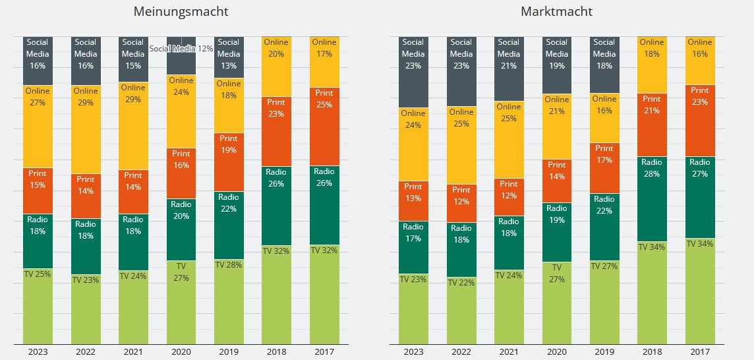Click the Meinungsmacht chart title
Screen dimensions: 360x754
181,11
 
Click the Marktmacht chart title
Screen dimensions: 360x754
556,11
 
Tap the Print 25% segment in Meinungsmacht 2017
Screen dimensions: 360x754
324,126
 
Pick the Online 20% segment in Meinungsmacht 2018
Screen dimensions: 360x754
276,66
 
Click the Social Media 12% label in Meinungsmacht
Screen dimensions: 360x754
181,49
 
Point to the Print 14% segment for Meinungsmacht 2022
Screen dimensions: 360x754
86,196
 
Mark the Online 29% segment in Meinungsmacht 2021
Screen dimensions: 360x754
133,126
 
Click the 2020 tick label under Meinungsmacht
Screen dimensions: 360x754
181,352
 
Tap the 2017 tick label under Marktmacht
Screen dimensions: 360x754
700,352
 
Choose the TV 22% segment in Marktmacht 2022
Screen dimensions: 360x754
461,310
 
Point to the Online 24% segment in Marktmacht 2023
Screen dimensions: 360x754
413,144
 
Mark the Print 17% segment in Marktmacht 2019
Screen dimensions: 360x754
604,167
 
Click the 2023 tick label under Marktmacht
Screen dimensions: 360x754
413,352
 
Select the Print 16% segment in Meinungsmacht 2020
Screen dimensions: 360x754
181,173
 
